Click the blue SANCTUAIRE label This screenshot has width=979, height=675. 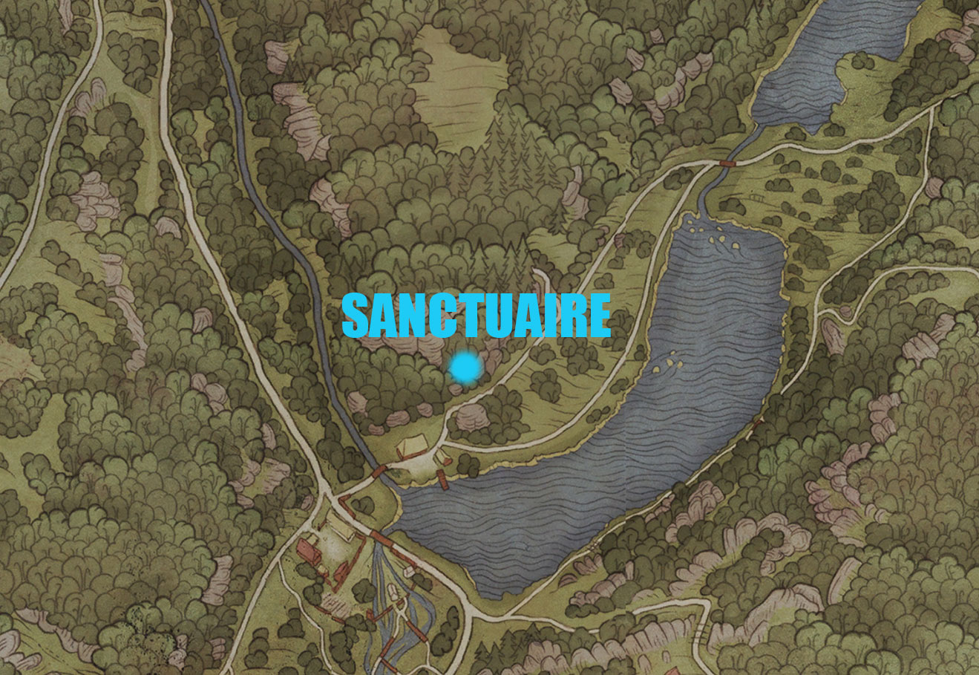click(476, 316)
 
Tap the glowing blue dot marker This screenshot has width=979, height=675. click(465, 368)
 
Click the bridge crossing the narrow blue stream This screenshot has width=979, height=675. click(379, 471)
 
